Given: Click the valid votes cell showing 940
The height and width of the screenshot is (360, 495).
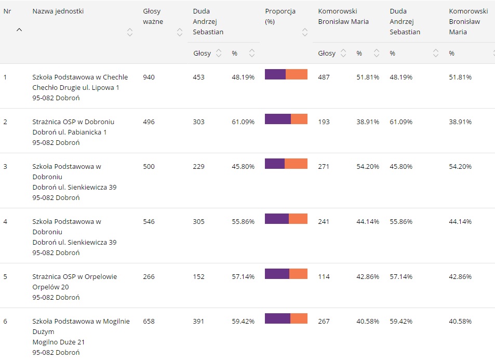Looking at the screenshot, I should [149, 77].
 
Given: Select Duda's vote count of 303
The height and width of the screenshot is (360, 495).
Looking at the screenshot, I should [198, 122].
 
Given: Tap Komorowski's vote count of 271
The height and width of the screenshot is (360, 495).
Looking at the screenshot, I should [324, 167].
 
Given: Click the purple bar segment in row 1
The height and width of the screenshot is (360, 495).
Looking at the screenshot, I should [275, 74].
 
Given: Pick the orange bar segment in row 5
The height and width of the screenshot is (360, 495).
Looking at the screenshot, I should [298, 274].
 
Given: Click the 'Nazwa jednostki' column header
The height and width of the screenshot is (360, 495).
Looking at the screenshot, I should [58, 11].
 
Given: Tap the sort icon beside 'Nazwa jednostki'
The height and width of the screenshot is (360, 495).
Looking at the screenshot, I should [130, 32].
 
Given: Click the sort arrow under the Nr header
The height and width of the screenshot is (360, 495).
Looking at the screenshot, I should [19, 30].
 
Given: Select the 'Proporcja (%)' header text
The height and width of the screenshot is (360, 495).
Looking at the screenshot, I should [276, 16].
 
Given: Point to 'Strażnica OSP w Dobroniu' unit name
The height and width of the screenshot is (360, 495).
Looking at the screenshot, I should [73, 122].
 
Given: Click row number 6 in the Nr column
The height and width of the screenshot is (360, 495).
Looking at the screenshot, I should [5, 322].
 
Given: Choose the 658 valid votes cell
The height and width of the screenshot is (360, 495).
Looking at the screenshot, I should [149, 322].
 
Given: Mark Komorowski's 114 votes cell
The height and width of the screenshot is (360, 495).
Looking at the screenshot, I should [324, 277].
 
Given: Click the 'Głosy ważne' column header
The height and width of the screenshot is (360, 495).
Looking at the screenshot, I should [153, 16].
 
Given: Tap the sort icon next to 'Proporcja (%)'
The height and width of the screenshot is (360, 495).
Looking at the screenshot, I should [304, 32].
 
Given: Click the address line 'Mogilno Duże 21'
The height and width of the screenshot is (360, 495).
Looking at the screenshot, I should [58, 342].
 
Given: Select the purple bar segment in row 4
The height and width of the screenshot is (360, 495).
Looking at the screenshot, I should [276, 219].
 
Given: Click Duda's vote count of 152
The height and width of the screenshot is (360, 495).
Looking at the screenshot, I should [198, 277].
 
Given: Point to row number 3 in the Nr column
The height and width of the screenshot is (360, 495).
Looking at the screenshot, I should [5, 167].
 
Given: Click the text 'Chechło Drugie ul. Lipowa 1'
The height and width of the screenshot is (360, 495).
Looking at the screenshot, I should [76, 88].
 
